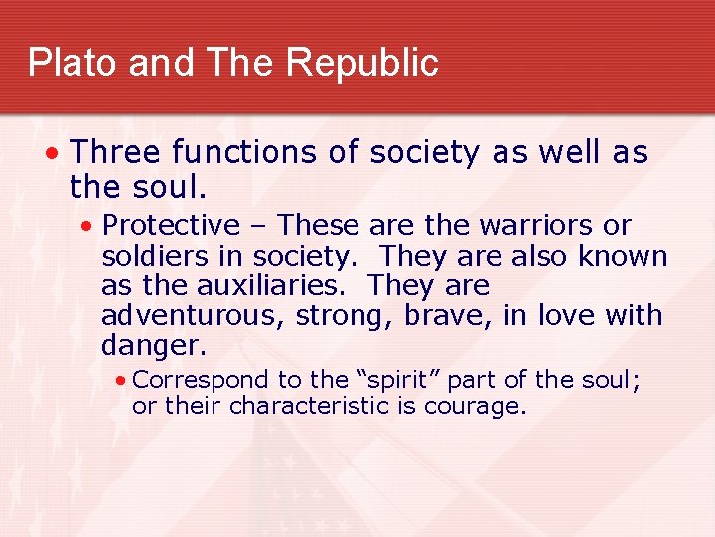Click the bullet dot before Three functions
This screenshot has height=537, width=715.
point(51,154)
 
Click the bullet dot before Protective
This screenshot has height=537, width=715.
point(88,227)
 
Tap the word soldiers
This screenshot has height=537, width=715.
point(157,256)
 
